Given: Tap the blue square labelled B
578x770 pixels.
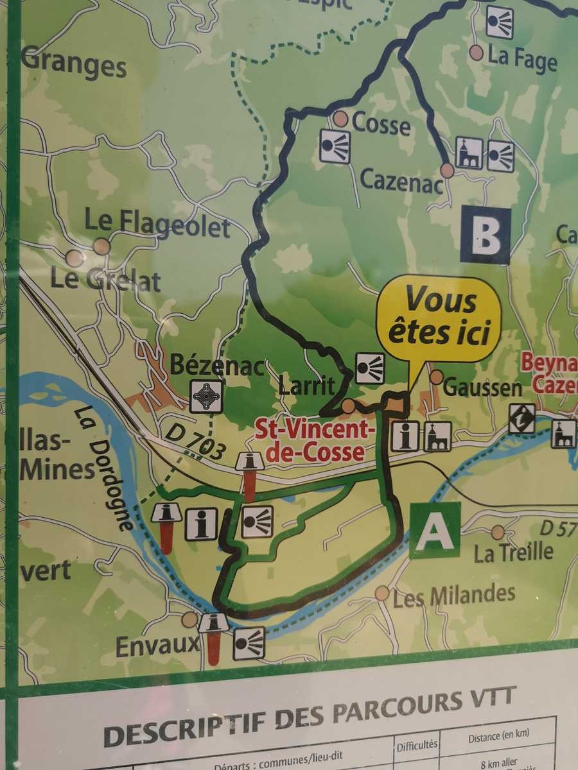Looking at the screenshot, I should [485, 236].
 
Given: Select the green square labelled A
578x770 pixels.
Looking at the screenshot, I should [435, 530].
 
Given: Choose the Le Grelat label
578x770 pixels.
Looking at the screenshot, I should [106, 280].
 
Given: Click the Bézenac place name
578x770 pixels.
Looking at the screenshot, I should [217, 366].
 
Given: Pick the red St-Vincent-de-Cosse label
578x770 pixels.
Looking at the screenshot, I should [311, 440].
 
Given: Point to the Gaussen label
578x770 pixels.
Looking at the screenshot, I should [482, 387].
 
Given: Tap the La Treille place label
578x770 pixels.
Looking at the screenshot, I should [513, 551].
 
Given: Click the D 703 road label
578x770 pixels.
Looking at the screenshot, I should [196, 441].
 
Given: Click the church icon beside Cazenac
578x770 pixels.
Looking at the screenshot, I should [469, 153].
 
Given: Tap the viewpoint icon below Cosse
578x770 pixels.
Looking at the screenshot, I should [335, 146].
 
